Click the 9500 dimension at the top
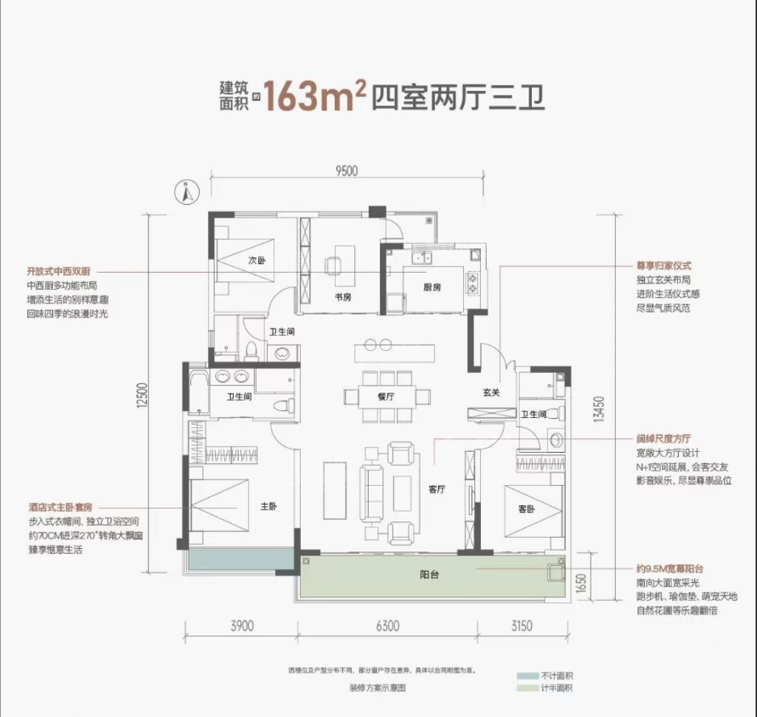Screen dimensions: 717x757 (x=346, y=170)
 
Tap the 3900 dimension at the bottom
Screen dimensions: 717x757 (x=242, y=627)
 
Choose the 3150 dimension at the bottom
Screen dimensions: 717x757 (x=522, y=627)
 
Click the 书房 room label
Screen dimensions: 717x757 (x=342, y=296)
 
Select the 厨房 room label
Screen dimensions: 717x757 (x=432, y=287)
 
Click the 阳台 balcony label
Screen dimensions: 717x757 (x=429, y=575)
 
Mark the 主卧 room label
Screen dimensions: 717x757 (x=269, y=506)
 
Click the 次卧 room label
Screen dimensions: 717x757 (x=257, y=260)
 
